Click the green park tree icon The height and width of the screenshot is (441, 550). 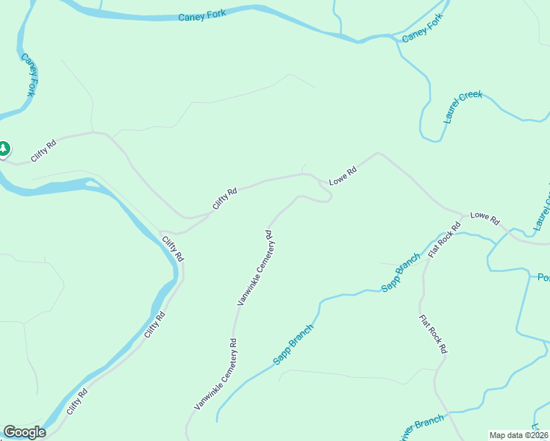[4, 149]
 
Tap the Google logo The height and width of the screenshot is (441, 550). [24, 432]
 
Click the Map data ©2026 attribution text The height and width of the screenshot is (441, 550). [518, 435]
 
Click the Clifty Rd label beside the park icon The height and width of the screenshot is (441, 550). [43, 151]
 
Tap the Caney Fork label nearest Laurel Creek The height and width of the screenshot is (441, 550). [424, 29]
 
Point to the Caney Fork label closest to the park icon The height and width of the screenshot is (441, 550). [29, 75]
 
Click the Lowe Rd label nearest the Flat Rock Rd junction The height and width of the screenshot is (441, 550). [485, 218]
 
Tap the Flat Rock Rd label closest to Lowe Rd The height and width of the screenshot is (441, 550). [445, 240]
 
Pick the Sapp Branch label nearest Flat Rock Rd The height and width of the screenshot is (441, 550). [401, 273]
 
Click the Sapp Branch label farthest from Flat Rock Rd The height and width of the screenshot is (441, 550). [293, 345]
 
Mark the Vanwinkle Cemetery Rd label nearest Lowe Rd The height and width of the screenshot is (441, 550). [255, 268]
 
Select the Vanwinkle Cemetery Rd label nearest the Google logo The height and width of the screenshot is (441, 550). [215, 374]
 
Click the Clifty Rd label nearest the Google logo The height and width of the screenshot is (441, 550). [76, 401]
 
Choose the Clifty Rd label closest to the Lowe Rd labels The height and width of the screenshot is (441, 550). [226, 198]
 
